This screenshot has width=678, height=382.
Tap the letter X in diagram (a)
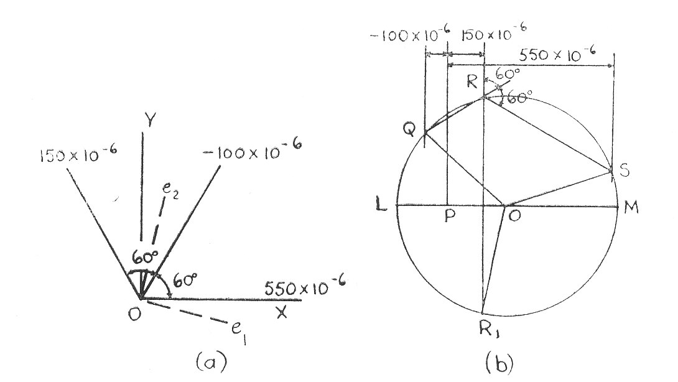click(x=282, y=312)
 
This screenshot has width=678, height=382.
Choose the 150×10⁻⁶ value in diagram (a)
click(x=79, y=154)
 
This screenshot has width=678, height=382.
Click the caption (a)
click(x=211, y=361)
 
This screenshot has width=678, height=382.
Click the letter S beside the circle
click(x=624, y=170)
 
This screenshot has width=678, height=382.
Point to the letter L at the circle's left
click(x=381, y=205)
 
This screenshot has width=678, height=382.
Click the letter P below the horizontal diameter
click(x=450, y=216)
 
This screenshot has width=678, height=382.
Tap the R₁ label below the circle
click(x=490, y=330)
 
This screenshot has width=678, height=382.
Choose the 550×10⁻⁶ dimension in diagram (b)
click(x=557, y=55)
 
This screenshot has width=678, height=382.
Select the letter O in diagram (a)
click(x=134, y=314)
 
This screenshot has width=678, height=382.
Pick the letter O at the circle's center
click(x=514, y=215)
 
